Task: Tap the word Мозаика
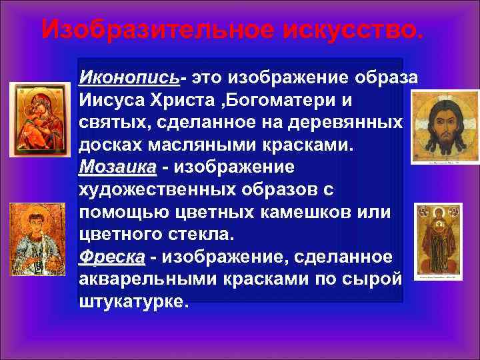117,166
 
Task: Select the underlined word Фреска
111,257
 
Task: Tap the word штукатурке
133,301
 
